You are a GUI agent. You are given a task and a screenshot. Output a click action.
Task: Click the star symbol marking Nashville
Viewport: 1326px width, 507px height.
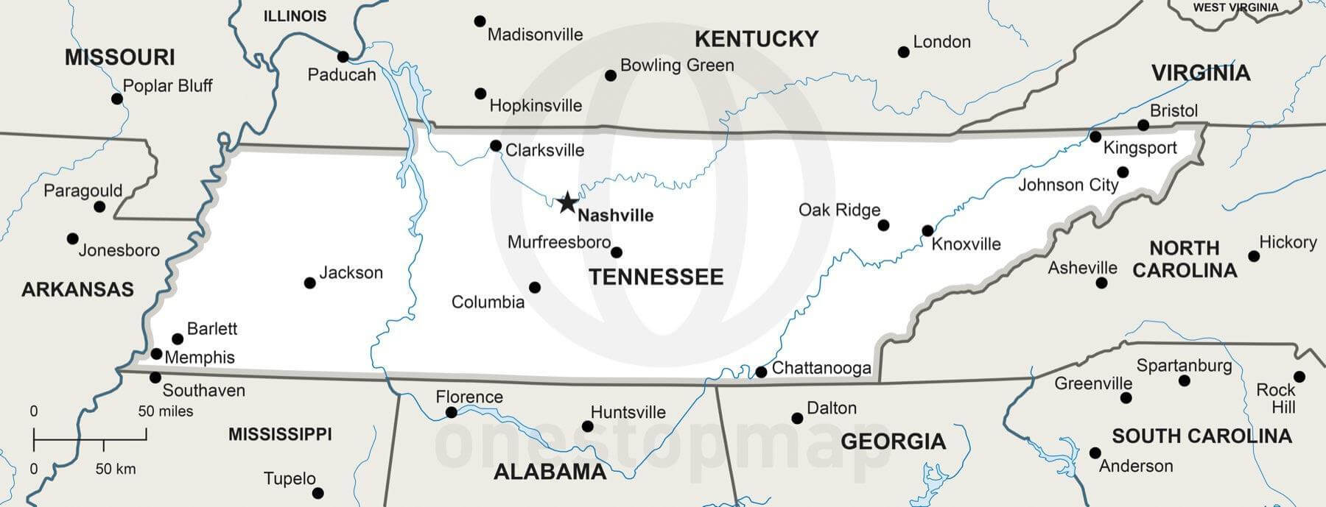pyautogui.click(x=566, y=202)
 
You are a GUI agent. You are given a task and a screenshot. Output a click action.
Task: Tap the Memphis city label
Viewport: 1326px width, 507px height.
pyautogui.click(x=200, y=358)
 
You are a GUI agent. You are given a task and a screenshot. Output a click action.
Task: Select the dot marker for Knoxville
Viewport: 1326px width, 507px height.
pyautogui.click(x=927, y=231)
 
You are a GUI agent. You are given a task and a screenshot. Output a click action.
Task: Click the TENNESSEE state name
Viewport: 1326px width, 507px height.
pyautogui.click(x=656, y=277)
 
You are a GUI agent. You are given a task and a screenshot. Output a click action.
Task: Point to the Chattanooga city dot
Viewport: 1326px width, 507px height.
pyautogui.click(x=761, y=372)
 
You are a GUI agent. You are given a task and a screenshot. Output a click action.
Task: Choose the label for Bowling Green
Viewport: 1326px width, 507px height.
pyautogui.click(x=676, y=65)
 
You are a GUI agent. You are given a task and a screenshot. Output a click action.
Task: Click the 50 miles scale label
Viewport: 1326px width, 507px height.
pyautogui.click(x=166, y=411)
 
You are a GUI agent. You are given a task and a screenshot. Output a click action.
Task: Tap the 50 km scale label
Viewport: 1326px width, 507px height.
pyautogui.click(x=115, y=469)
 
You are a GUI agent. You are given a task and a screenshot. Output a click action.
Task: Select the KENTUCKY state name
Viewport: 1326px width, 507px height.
pyautogui.click(x=756, y=39)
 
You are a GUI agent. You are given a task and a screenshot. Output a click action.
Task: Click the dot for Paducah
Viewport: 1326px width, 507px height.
pyautogui.click(x=343, y=57)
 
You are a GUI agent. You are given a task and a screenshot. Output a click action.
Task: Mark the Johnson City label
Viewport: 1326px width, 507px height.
pyautogui.click(x=1067, y=185)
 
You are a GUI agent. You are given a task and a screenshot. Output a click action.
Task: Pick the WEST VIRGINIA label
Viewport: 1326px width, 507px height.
pyautogui.click(x=1235, y=7)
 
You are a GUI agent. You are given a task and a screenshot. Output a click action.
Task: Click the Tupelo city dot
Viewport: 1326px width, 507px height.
pyautogui.click(x=318, y=493)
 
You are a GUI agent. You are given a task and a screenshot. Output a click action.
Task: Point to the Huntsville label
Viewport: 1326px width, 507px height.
pyautogui.click(x=628, y=413)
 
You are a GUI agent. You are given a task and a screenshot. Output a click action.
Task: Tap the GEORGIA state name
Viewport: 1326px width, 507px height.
pyautogui.click(x=893, y=442)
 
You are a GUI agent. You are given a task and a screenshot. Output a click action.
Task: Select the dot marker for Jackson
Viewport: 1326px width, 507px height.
pyautogui.click(x=310, y=283)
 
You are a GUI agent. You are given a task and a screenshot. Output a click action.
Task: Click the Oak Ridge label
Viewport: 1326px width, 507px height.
pyautogui.click(x=839, y=210)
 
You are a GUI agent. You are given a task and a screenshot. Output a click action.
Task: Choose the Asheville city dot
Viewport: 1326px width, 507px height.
pyautogui.click(x=1101, y=283)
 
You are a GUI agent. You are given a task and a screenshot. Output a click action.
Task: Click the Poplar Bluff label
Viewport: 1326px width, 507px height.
pyautogui.click(x=167, y=86)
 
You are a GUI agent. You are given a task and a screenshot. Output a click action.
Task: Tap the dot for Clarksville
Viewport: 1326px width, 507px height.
pyautogui.click(x=496, y=146)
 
